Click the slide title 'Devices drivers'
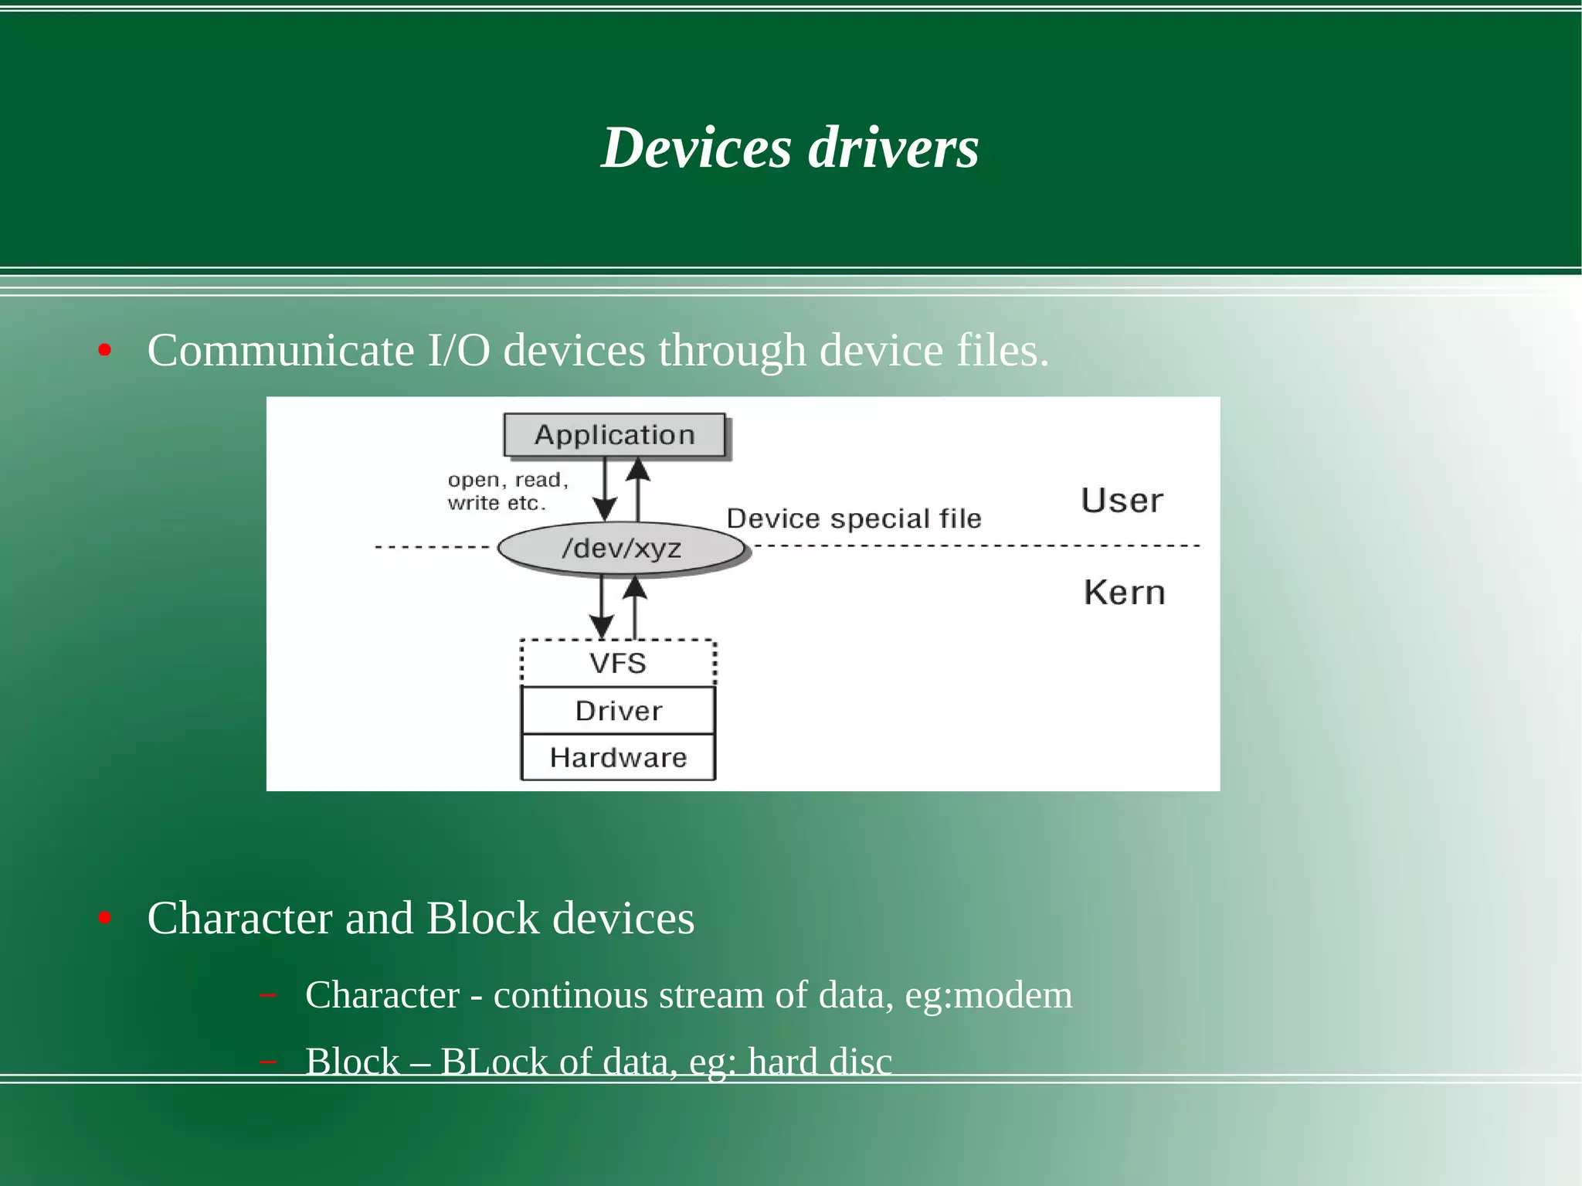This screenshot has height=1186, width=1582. click(x=789, y=148)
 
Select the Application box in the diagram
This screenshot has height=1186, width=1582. click(x=615, y=435)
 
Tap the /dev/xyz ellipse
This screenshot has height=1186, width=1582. click(x=622, y=549)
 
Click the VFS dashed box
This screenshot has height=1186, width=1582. click(x=618, y=663)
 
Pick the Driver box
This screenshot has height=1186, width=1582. click(x=618, y=711)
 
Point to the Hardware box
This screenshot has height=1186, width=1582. click(x=618, y=757)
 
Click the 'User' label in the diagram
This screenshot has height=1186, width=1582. click(x=1122, y=501)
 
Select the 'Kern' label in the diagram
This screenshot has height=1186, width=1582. click(x=1124, y=593)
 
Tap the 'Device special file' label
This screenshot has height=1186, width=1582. click(x=854, y=518)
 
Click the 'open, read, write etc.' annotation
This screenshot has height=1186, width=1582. click(x=508, y=491)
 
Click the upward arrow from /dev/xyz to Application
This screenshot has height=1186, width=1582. click(x=638, y=488)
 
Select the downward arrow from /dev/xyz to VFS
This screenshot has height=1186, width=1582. click(x=602, y=607)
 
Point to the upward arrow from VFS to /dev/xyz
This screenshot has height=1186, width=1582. click(x=635, y=607)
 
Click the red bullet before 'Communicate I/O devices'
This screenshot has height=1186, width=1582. click(x=105, y=352)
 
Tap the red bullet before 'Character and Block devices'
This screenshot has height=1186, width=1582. click(x=105, y=919)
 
